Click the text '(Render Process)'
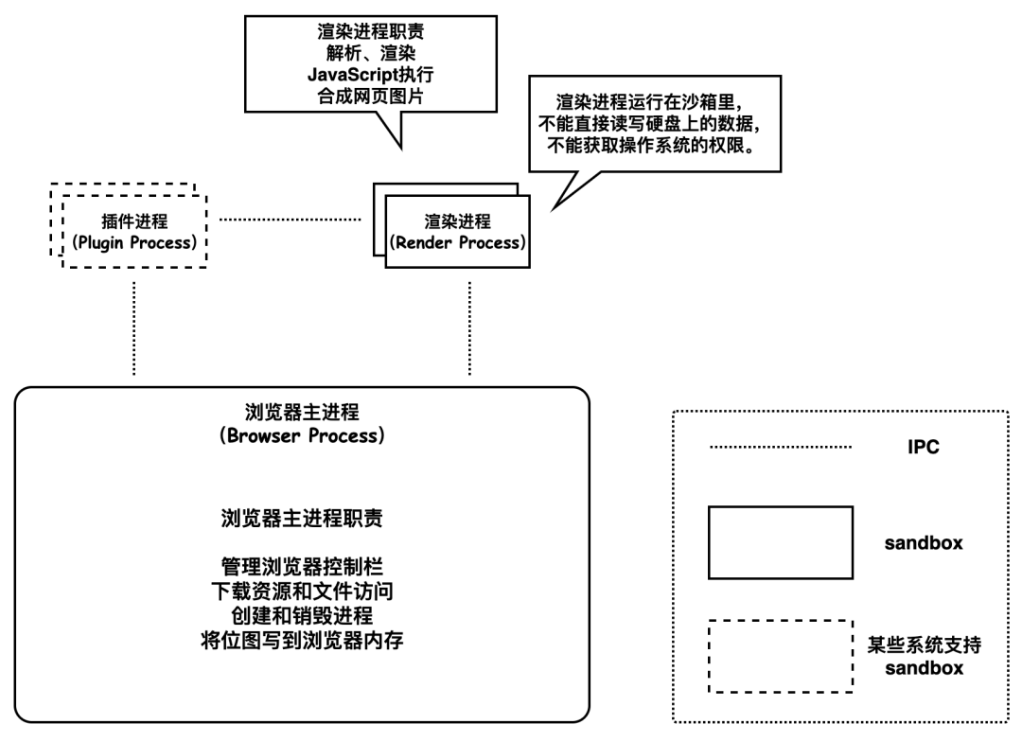point(458,242)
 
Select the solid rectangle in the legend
point(781,542)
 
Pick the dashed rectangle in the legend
point(781,657)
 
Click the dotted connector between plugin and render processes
point(290,221)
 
